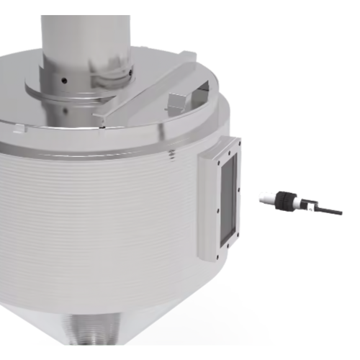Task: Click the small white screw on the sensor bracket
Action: [309, 207]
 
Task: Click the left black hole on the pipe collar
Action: [63, 80]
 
